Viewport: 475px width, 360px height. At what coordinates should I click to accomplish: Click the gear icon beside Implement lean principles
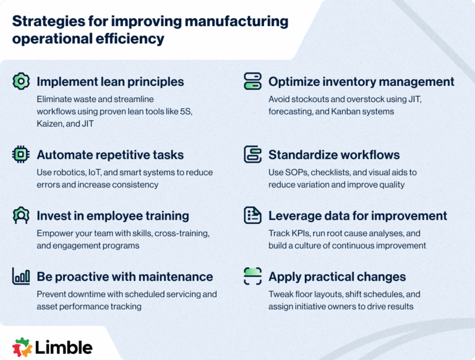pos(21,82)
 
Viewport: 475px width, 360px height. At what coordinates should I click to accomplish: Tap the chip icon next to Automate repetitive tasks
pos(21,155)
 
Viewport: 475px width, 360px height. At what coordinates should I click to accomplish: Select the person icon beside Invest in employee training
pos(21,215)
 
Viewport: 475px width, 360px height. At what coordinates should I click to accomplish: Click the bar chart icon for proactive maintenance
pos(21,276)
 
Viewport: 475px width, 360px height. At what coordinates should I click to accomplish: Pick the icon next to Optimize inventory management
pos(252,82)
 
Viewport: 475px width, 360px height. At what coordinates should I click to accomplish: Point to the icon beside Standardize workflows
pos(252,155)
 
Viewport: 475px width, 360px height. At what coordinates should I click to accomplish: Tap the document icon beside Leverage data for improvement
pos(252,215)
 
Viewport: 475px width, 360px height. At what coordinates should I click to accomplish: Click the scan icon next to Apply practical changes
pos(252,276)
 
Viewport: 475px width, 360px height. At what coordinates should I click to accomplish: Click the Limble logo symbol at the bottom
pos(22,346)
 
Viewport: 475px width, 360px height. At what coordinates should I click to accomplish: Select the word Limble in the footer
pos(64,346)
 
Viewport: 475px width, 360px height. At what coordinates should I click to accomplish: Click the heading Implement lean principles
pos(110,82)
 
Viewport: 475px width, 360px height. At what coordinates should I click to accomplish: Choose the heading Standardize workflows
pos(334,155)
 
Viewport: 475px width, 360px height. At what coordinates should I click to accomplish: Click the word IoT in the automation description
pos(99,172)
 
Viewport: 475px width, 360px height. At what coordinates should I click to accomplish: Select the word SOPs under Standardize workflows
pos(299,172)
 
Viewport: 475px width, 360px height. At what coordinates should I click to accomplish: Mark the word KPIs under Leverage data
pos(302,233)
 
